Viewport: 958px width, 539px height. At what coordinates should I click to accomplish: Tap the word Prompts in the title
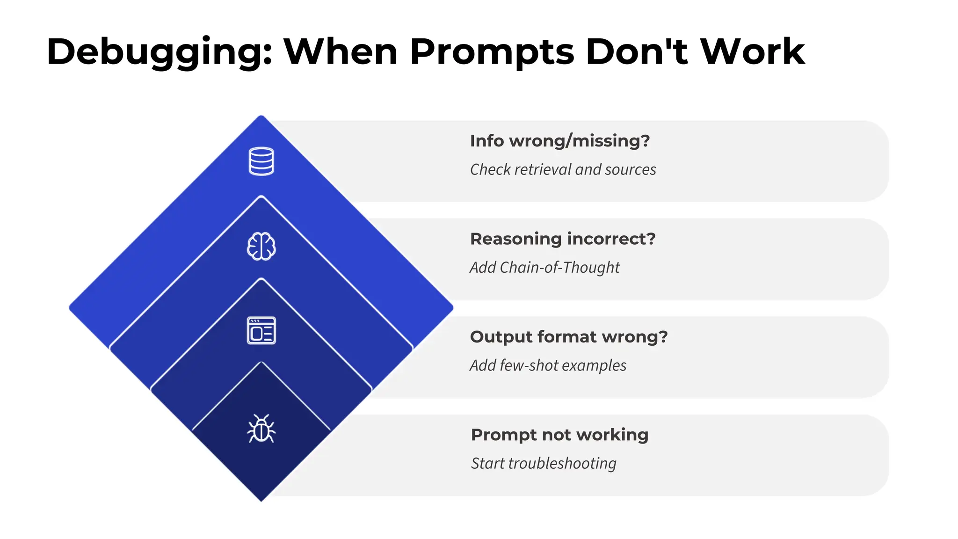tap(492, 52)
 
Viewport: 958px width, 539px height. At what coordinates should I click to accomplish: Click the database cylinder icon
tap(261, 161)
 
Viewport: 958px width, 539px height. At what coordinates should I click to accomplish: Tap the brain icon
tap(261, 246)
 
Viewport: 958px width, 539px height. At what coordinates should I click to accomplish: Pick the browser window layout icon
tap(261, 330)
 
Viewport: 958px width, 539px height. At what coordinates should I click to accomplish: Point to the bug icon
tap(261, 429)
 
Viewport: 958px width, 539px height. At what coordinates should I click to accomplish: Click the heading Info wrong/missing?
tap(560, 141)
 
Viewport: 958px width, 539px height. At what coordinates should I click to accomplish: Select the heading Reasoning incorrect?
tap(563, 239)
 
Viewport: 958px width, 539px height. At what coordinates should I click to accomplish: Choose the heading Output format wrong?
tap(569, 337)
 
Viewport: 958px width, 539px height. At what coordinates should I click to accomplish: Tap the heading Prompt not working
tap(559, 435)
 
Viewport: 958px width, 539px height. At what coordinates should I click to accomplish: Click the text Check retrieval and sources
tap(563, 169)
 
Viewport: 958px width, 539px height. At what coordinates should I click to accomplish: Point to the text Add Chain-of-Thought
tap(544, 268)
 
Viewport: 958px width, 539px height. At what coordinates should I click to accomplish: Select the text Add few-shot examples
tap(548, 365)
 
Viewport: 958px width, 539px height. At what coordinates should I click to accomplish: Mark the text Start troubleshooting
tap(544, 463)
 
